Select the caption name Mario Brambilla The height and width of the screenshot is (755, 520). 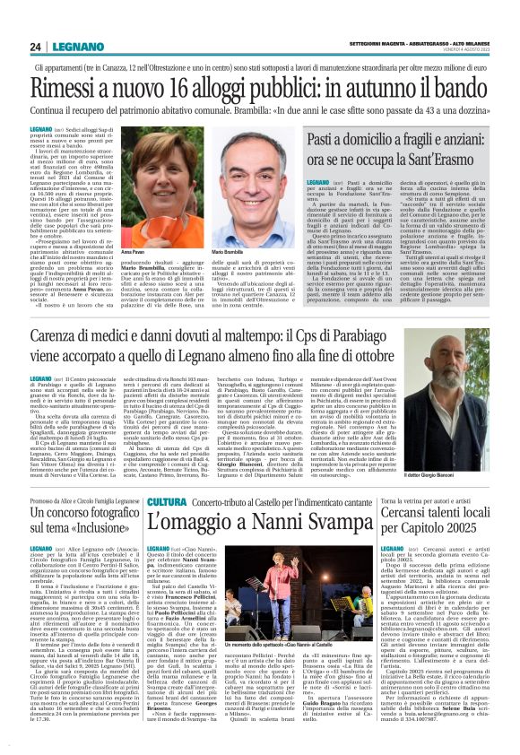coord(241,229)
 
